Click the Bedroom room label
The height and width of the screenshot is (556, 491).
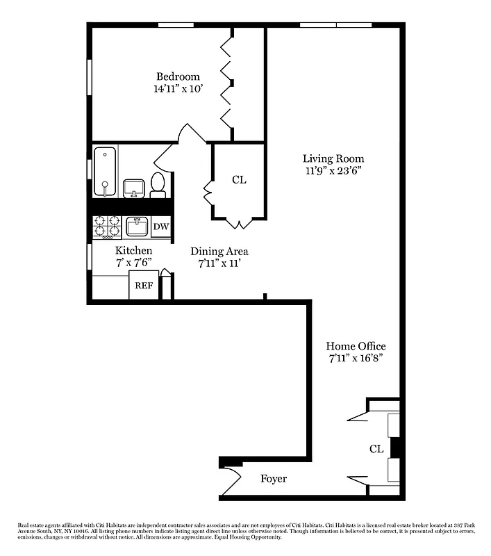pos(178,76)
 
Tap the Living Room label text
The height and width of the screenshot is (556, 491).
pos(333,158)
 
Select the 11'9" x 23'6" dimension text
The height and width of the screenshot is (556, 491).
pos(333,170)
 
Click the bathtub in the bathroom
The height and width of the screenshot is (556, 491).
pos(105,171)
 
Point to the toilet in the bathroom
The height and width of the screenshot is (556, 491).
pos(158,185)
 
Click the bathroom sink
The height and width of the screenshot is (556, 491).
pos(133,188)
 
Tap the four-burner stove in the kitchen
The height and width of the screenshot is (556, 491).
pos(108,227)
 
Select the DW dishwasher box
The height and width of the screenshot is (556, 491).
pos(160,227)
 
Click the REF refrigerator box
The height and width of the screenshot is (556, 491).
pos(144,285)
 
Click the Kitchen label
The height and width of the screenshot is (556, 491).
pos(133,250)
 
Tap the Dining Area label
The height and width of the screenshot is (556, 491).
pos(219,251)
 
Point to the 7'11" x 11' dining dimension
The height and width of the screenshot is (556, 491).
pos(219,263)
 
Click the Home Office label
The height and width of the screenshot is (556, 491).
pos(356,346)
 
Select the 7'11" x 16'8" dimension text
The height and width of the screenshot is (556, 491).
pos(356,358)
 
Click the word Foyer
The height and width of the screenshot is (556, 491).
pos(274,479)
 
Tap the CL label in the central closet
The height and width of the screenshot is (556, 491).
pos(239,180)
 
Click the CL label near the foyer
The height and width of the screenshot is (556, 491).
pos(376,449)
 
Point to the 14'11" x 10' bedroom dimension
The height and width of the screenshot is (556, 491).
pos(178,89)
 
